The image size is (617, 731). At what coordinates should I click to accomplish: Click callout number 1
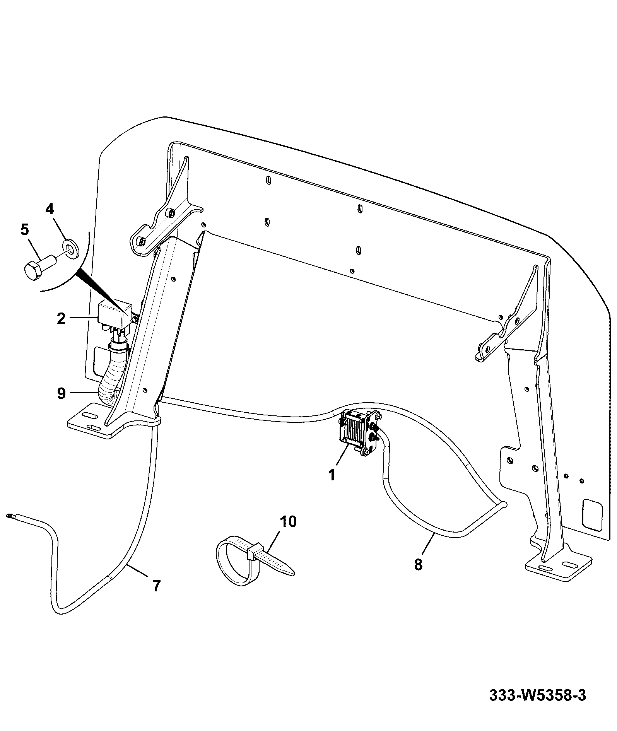[332, 474]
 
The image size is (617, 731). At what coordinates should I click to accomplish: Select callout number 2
[61, 318]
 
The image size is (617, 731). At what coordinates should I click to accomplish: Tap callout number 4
[50, 209]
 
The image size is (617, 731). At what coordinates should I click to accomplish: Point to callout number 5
[24, 230]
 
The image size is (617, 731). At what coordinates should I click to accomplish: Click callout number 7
[156, 586]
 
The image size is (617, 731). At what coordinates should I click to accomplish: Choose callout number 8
[418, 564]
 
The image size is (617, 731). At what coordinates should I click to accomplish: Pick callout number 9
[61, 394]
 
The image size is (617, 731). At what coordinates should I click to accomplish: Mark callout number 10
[288, 521]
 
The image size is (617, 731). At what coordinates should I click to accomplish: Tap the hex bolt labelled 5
[39, 267]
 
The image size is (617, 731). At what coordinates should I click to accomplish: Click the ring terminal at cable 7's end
[10, 515]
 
